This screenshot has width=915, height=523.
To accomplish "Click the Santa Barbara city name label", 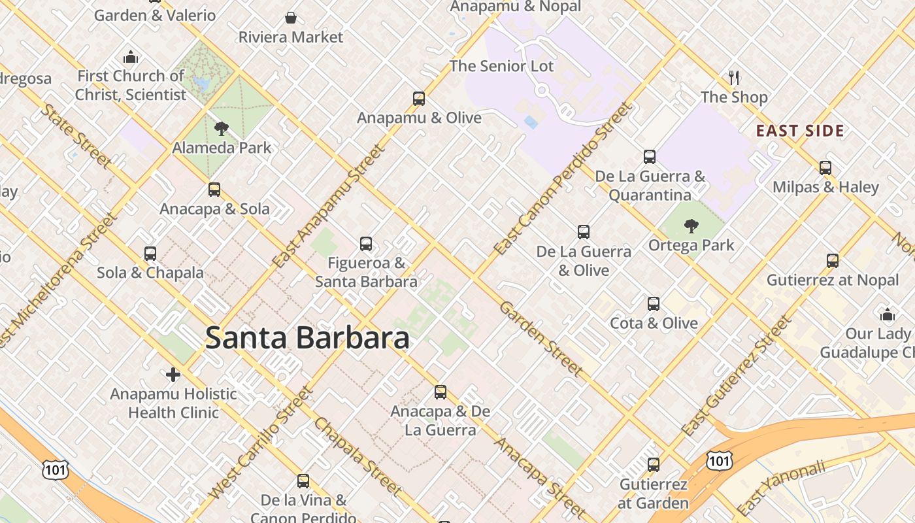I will pos(307,338).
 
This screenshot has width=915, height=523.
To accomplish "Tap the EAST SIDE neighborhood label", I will pos(800,131).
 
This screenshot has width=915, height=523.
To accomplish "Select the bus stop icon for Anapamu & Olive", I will pos(419,99).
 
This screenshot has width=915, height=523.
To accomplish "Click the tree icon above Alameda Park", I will pos(222,128).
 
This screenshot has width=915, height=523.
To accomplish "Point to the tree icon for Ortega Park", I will pos(691,226).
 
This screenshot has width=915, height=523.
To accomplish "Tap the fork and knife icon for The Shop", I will pos(734,78).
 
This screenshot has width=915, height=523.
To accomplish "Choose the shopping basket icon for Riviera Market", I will pos(290,18).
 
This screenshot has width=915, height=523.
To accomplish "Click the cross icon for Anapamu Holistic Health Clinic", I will pos(173,375).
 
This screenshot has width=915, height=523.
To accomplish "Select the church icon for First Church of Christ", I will pos(131,57).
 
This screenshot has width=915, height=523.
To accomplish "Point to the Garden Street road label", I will pos(541,339).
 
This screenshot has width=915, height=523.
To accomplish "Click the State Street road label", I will pos(76,135).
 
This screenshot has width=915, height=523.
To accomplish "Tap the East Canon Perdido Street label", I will pos(563,178).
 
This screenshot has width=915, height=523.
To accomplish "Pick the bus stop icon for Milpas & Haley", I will pos(825,168).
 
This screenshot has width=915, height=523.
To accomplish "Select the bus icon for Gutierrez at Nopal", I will pos(832,261).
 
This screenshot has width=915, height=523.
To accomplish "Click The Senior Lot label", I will pos(501,66).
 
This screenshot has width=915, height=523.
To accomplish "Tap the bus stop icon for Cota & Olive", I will pos(654,304).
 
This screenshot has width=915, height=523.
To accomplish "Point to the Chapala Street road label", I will pos(358,456).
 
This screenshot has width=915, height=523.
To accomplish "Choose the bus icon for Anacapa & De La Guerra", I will pos(441,392).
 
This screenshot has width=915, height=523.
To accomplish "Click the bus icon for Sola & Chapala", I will pos(150,254).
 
